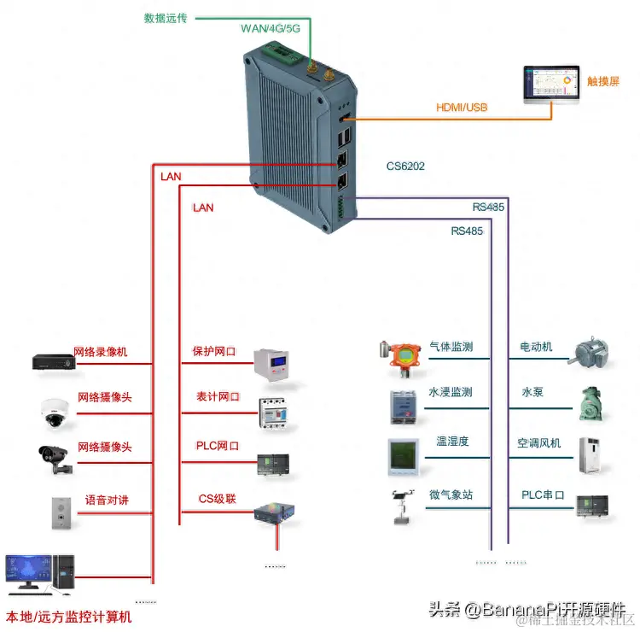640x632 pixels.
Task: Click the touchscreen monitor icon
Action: [x=550, y=86]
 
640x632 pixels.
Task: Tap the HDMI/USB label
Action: [x=462, y=108]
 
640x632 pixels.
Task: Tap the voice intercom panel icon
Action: [x=56, y=511]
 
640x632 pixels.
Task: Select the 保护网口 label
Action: [x=213, y=351]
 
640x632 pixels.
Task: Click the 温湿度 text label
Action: [x=452, y=442]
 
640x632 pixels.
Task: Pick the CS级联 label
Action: [x=217, y=498]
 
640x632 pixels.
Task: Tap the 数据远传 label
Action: [x=166, y=17]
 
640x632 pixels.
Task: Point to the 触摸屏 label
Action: [x=603, y=81]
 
